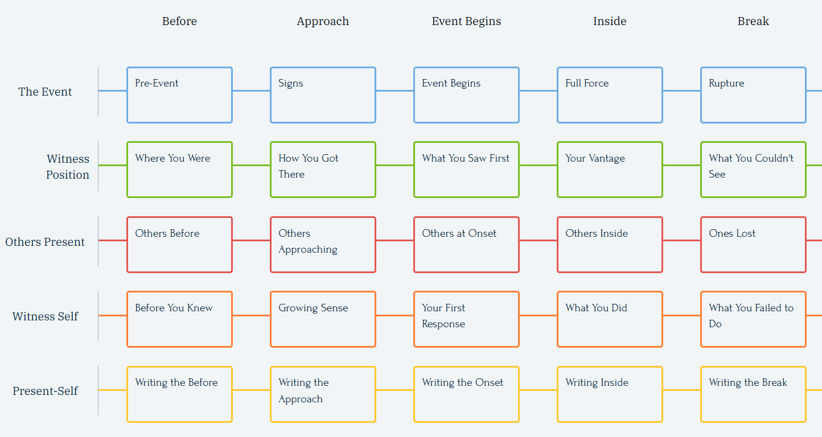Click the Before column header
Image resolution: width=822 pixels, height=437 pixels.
pyautogui.click(x=179, y=21)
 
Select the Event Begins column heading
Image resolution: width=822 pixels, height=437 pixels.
pyautogui.click(x=466, y=21)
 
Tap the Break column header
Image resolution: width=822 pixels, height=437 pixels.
pyautogui.click(x=753, y=21)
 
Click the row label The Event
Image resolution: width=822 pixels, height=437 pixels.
pyautogui.click(x=45, y=92)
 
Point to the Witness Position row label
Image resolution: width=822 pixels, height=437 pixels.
pyautogui.click(x=68, y=167)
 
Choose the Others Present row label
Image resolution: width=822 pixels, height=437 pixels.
pyautogui.click(x=45, y=242)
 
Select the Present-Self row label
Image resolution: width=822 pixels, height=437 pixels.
pyautogui.click(x=45, y=391)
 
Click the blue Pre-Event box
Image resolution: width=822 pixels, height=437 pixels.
pyautogui.click(x=179, y=95)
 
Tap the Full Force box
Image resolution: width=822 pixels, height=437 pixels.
pyautogui.click(x=610, y=95)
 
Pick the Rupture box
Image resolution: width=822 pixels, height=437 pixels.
pyautogui.click(x=753, y=95)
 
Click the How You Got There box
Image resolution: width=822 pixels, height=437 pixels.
pyautogui.click(x=323, y=170)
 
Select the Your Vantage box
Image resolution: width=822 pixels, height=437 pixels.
pyautogui.click(x=610, y=170)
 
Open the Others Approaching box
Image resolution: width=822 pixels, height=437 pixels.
pyautogui.click(x=323, y=245)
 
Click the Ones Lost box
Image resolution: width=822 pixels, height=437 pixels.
pyautogui.click(x=753, y=245)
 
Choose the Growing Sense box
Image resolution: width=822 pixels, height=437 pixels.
pyautogui.click(x=323, y=319)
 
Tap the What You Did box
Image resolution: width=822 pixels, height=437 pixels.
pyautogui.click(x=610, y=319)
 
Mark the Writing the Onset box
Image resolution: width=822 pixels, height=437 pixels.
pyautogui.click(x=466, y=394)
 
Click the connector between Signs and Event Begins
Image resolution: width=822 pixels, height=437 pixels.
pyautogui.click(x=395, y=90)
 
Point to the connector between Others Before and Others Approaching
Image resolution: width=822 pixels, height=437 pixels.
pyautogui.click(x=252, y=240)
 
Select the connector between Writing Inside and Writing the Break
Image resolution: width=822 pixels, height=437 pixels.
pyautogui.click(x=682, y=390)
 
